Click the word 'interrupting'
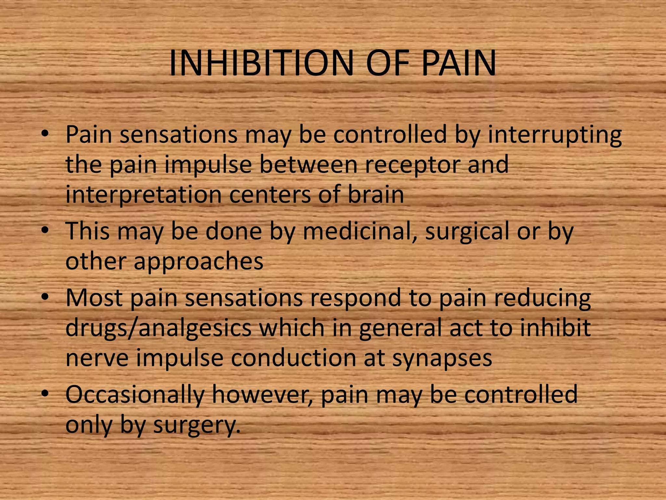[555, 135]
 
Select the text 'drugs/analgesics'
[159, 328]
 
